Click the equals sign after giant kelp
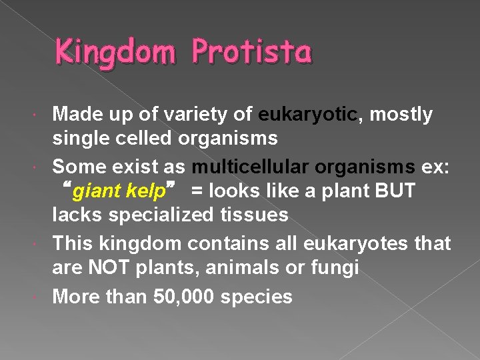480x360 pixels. [198, 192]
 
